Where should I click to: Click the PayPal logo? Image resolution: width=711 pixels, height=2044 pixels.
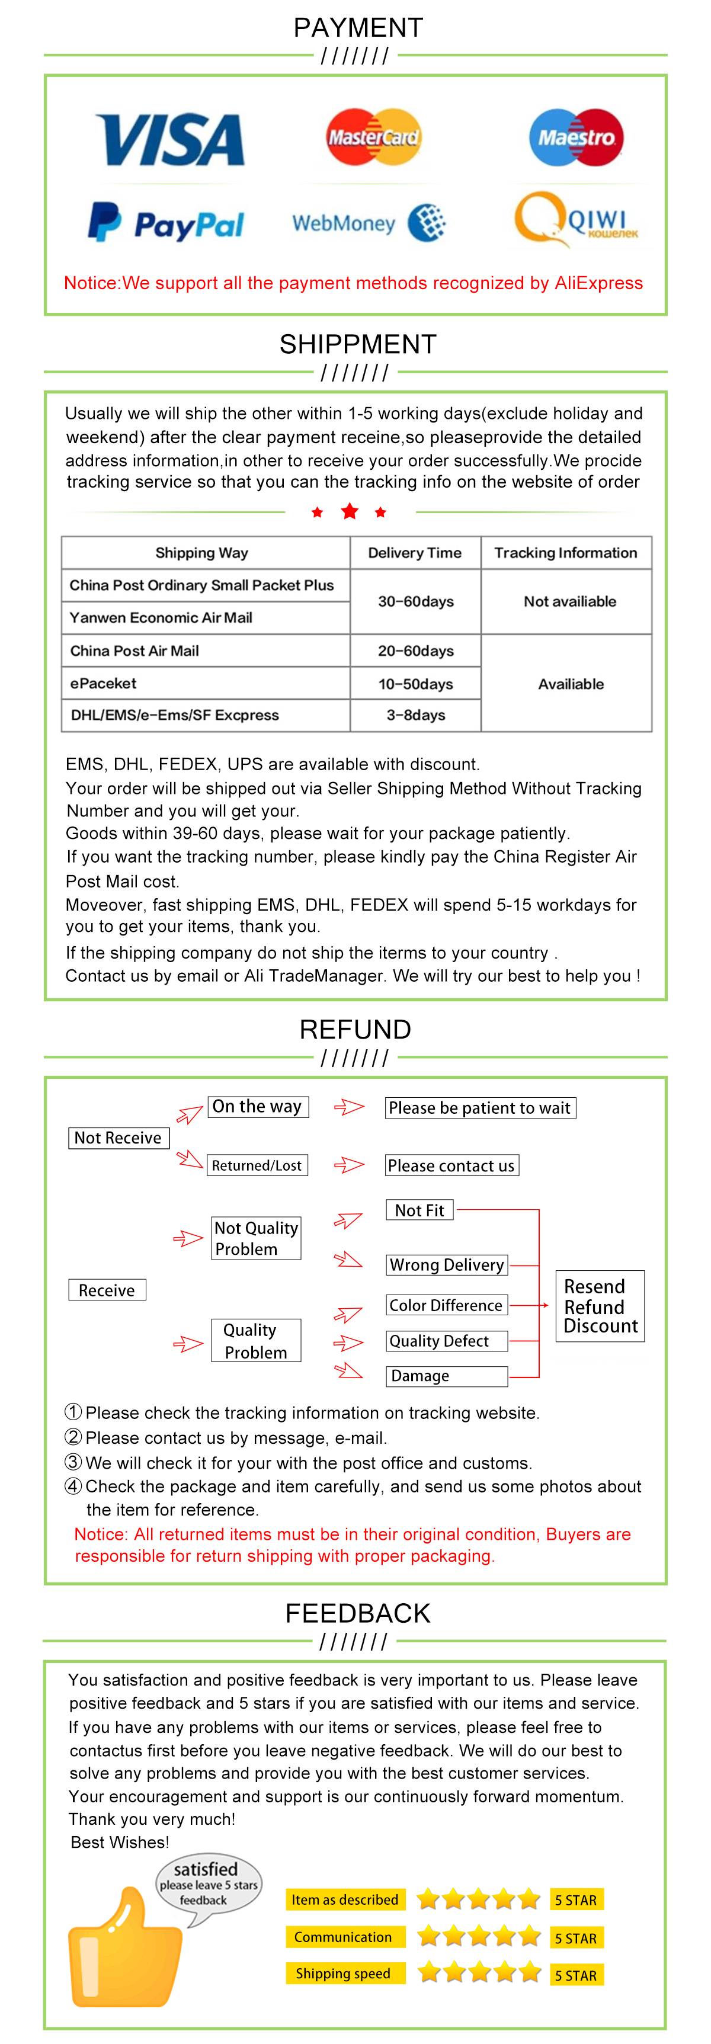click(x=166, y=223)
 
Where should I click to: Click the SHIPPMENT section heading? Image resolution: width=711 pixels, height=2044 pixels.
click(x=357, y=344)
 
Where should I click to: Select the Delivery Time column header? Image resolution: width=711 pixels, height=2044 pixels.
click(x=414, y=553)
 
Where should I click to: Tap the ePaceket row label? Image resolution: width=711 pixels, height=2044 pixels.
click(x=103, y=683)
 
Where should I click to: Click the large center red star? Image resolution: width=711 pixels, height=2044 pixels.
click(x=349, y=512)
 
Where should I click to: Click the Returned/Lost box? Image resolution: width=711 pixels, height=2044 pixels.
click(x=257, y=1165)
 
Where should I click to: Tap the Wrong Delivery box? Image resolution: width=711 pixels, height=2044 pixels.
click(x=447, y=1265)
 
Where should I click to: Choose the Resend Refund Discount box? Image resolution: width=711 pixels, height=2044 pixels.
click(x=600, y=1306)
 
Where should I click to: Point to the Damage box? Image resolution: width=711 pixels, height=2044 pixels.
click(x=446, y=1376)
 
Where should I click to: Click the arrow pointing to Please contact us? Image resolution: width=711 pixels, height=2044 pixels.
click(x=348, y=1165)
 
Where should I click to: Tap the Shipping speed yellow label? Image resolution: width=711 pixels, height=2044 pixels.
click(x=343, y=1973)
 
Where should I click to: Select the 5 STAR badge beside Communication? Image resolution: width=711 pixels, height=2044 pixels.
click(x=576, y=1938)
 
